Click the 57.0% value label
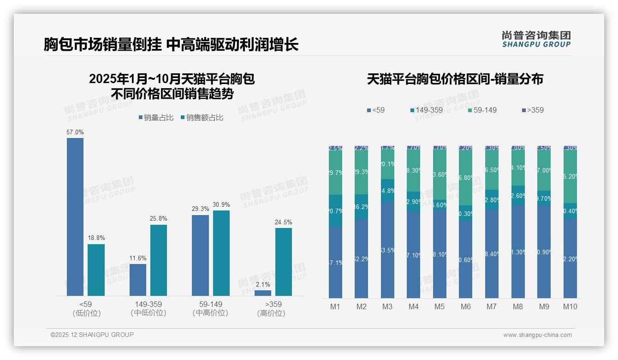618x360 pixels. [x=75, y=132]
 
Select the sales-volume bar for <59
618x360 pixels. [x=75, y=217]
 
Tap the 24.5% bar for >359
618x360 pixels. [x=284, y=262]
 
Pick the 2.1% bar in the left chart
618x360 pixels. [x=263, y=293]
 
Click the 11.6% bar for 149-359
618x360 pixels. [x=138, y=280]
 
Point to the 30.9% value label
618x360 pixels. [x=221, y=204]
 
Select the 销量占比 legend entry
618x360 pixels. [x=156, y=118]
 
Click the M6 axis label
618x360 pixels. [x=466, y=306]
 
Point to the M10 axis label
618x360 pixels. [x=570, y=306]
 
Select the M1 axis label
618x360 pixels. [x=335, y=306]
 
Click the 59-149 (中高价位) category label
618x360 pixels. [x=211, y=308]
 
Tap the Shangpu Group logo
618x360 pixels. [x=536, y=39]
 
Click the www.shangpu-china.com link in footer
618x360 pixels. [x=537, y=335]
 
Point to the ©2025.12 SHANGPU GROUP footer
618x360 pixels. [x=92, y=335]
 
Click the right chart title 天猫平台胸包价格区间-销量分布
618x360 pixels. [x=455, y=79]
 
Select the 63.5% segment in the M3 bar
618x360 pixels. [x=388, y=250]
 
